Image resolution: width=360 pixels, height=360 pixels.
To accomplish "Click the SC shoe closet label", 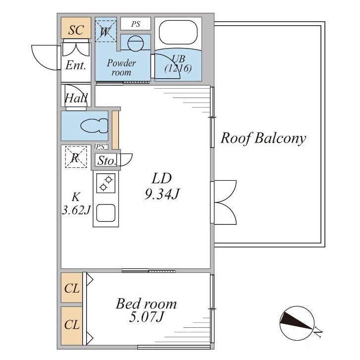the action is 76,30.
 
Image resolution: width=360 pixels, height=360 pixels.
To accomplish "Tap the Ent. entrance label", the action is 76,65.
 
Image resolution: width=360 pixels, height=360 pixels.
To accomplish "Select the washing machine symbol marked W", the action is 106,31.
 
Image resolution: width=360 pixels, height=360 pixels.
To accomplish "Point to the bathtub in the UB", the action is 178,32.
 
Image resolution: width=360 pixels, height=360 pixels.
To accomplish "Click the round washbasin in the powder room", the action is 136,43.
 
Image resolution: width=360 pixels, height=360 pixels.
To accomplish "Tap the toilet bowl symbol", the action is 94,126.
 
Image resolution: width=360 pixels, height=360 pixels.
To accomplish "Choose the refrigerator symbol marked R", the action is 76,157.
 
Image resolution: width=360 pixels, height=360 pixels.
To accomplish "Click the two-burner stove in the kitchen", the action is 105,183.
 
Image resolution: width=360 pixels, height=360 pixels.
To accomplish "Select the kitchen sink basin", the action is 105,213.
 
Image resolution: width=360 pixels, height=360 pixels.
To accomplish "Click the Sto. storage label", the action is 106,160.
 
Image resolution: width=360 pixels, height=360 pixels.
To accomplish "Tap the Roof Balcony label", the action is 263,138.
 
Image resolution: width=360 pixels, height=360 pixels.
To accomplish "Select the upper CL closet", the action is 72,288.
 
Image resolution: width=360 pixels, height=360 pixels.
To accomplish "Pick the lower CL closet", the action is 72,325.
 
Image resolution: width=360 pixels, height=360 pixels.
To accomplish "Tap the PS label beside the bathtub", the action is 136,24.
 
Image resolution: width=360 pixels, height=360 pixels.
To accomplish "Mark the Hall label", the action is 76,98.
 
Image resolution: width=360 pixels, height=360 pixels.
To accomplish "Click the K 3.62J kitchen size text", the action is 76,203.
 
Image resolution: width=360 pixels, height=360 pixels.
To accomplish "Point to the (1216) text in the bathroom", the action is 178,68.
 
